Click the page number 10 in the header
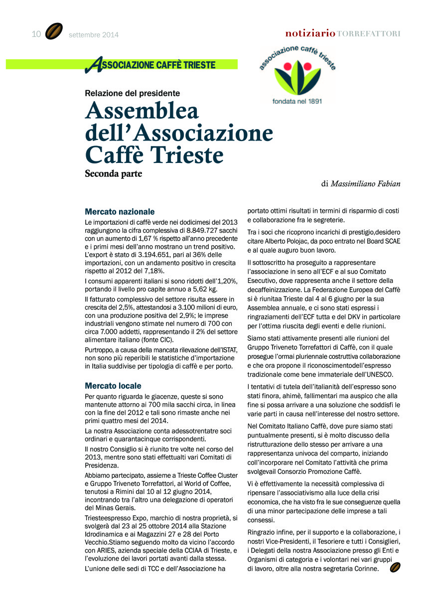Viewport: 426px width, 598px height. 36,34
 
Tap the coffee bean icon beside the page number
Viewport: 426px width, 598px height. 54,32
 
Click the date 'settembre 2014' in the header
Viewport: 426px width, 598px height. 94,35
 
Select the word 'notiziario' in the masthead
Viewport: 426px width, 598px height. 310,33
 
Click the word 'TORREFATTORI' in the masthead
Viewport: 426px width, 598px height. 369,34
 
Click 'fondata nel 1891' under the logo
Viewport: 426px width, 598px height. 297,101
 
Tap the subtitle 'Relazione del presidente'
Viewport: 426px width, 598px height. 132,93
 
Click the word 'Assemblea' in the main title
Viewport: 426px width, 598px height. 142,111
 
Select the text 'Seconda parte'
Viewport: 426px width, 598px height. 114,174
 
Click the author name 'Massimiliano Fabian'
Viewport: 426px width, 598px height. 366,184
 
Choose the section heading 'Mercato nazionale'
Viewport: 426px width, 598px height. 120,212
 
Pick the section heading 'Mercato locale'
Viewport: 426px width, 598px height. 113,386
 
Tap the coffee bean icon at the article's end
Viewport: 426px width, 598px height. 396,567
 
